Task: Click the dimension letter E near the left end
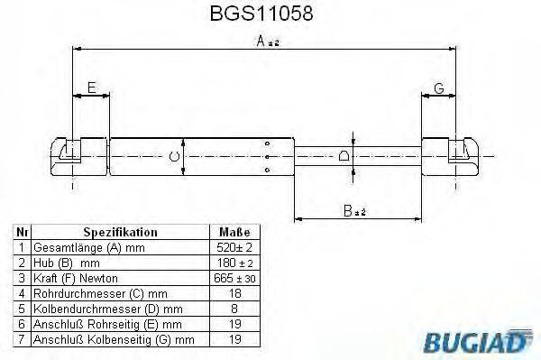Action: pos(92,88)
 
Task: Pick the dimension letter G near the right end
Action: pos(439,88)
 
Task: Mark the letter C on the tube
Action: pos(175,157)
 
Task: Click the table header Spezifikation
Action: pos(120,232)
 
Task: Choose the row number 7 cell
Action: pos(21,339)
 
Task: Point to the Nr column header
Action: pos(21,232)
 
